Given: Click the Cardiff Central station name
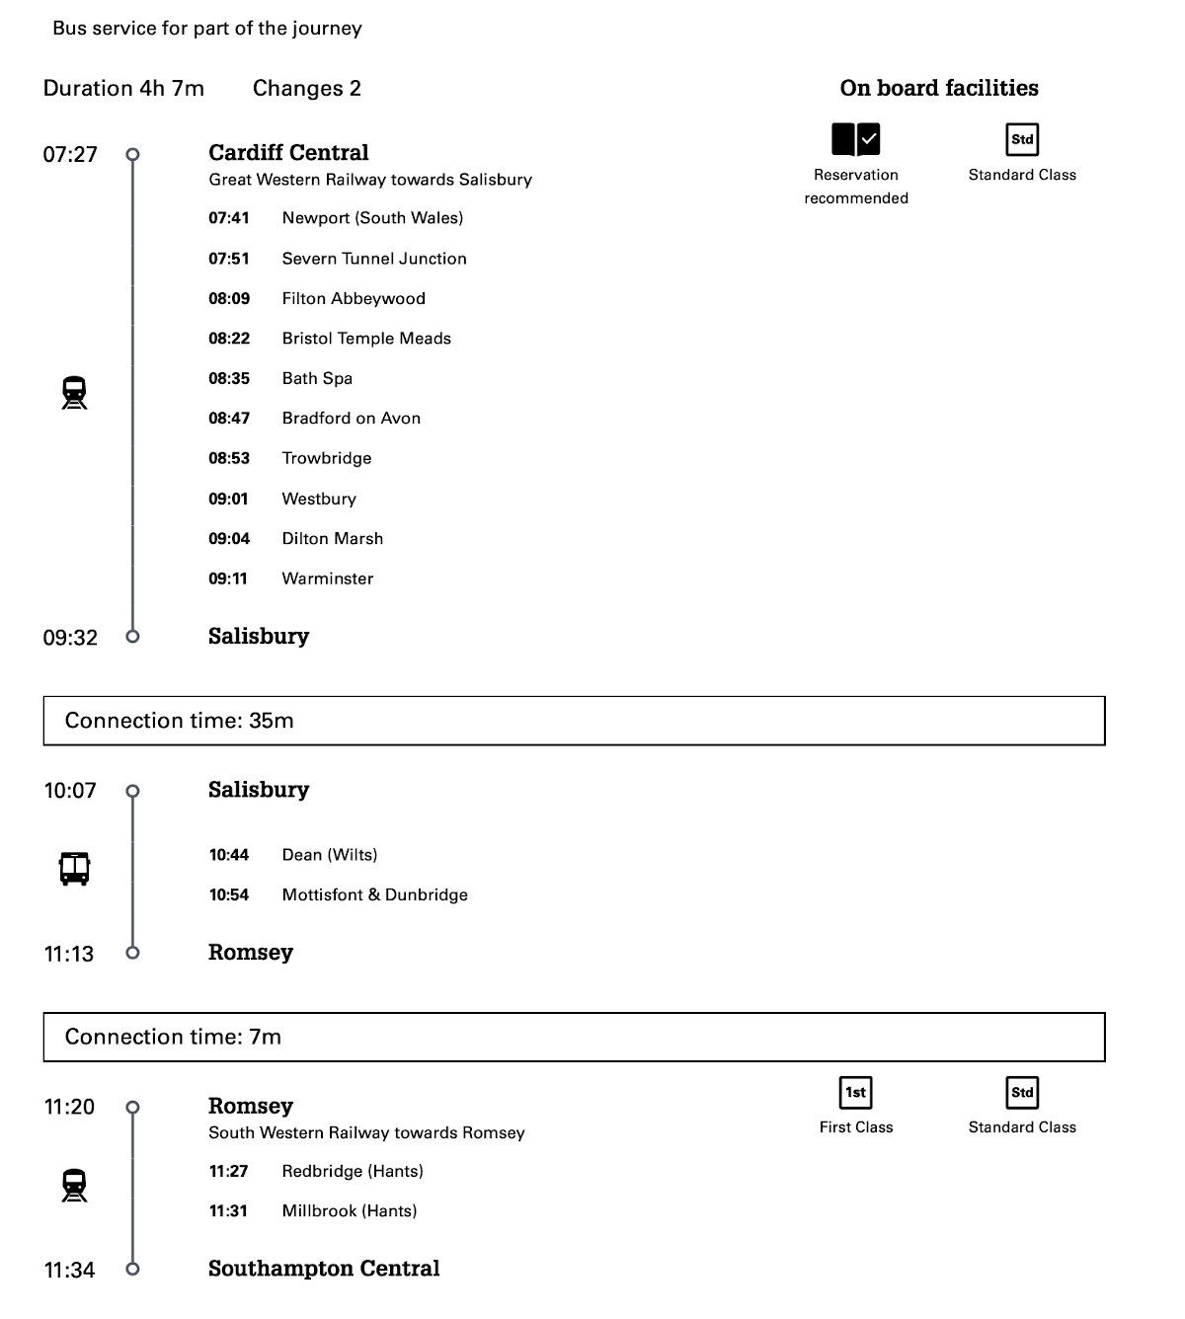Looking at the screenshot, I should [x=288, y=153].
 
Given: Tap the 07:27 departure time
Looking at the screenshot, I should [x=70, y=154].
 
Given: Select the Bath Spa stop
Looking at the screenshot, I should [x=317, y=378].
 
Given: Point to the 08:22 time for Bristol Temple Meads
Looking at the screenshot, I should [x=229, y=339].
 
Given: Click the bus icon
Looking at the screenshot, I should [x=75, y=869].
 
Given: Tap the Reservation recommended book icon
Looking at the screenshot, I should [x=855, y=140].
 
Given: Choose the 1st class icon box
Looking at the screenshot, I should [x=855, y=1092].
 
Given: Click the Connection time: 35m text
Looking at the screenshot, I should [x=180, y=721].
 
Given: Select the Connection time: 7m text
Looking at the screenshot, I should [x=173, y=1037].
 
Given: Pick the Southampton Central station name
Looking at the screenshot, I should [x=324, y=1269].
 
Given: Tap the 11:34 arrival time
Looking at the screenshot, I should [x=70, y=1271].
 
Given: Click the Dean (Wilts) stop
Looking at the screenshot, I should [x=330, y=855].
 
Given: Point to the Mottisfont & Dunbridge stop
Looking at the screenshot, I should [x=375, y=895].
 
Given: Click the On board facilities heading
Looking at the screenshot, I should [x=939, y=88].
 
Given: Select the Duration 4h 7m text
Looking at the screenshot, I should [x=123, y=89].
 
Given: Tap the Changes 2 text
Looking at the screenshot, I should [x=307, y=89].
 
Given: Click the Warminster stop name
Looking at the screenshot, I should [x=328, y=579].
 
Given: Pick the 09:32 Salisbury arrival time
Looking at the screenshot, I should [x=70, y=638].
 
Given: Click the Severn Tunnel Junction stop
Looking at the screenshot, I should [x=374, y=259].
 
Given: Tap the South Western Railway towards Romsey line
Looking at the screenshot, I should [x=366, y=1133].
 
